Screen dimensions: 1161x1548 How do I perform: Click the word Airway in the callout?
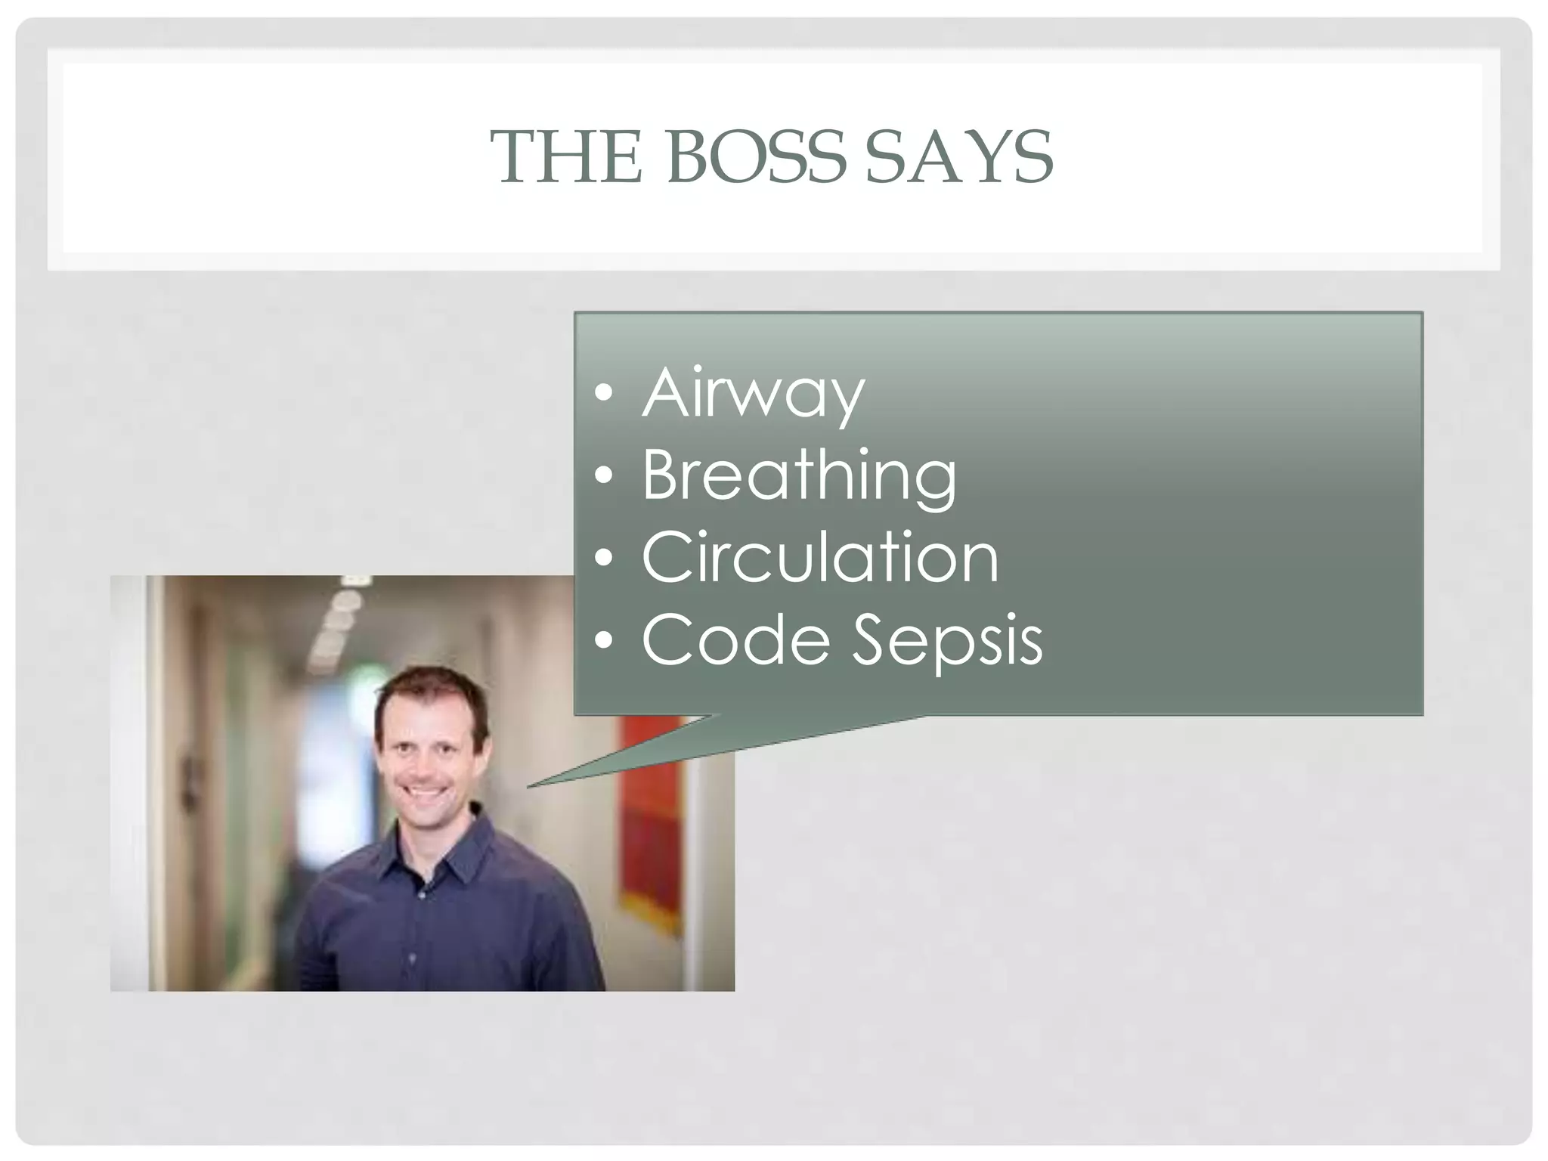[753, 393]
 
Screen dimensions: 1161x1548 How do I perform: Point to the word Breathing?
[799, 476]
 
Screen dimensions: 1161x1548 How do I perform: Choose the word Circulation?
[820, 558]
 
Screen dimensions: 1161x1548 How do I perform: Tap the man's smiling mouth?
[426, 794]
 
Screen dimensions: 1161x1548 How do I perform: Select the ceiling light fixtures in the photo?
[340, 620]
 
